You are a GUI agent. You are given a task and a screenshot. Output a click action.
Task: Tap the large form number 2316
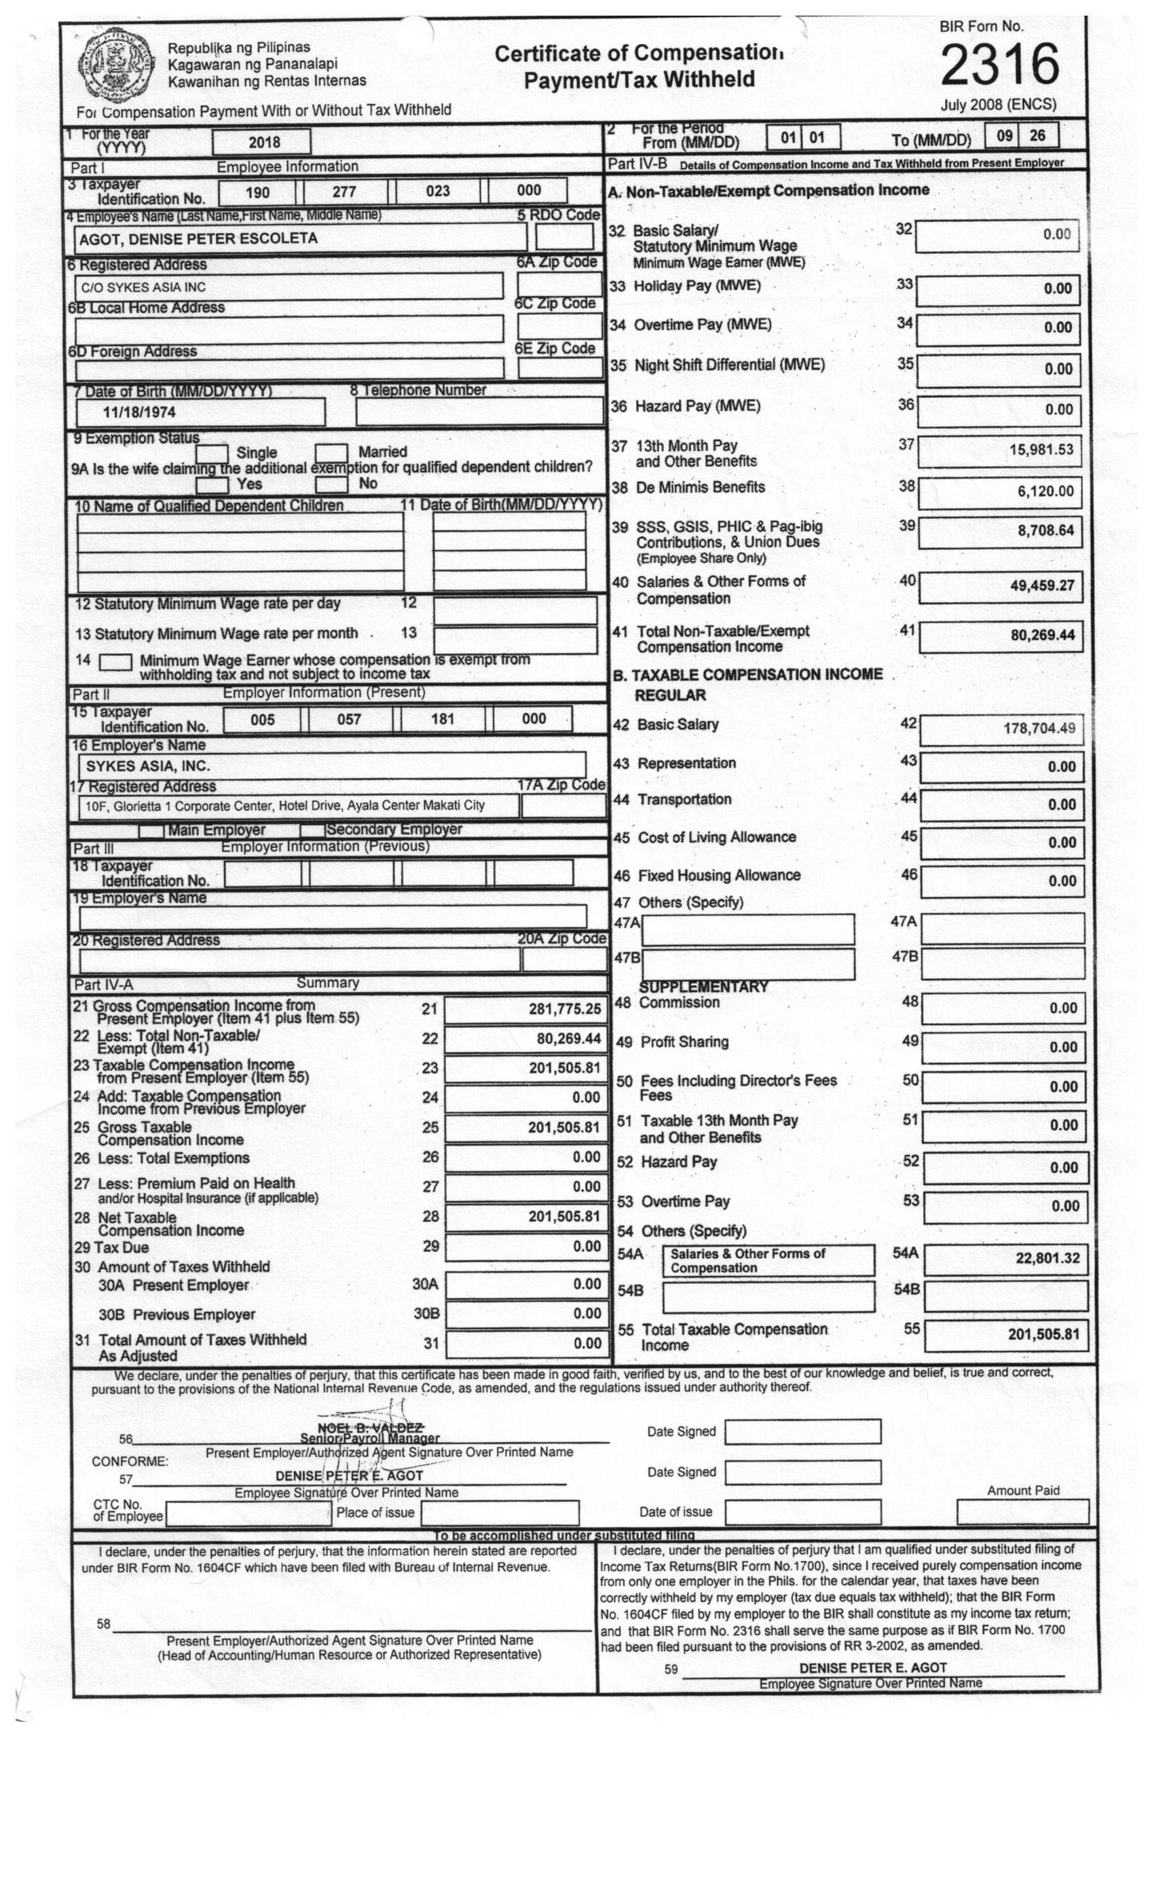pyautogui.click(x=999, y=64)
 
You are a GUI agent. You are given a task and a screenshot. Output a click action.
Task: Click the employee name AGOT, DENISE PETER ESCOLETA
pyautogui.click(x=198, y=238)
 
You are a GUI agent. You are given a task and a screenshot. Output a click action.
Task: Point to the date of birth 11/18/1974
pyautogui.click(x=140, y=412)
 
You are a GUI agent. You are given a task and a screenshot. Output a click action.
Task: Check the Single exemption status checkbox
pyautogui.click(x=211, y=453)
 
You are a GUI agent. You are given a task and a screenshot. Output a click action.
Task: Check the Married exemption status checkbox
pyautogui.click(x=331, y=452)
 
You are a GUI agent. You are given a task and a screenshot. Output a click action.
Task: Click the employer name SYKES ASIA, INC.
pyautogui.click(x=147, y=766)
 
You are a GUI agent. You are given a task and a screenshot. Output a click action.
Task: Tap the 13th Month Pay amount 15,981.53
pyautogui.click(x=1041, y=449)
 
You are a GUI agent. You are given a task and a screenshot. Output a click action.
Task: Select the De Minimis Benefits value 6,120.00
pyautogui.click(x=1045, y=491)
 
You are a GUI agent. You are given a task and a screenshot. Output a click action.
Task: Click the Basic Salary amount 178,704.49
pyautogui.click(x=1039, y=728)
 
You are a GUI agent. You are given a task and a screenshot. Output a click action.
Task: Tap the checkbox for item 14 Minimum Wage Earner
pyautogui.click(x=115, y=662)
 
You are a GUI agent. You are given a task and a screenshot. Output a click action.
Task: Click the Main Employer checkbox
pyautogui.click(x=151, y=831)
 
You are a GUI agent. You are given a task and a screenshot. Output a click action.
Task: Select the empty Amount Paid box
pyautogui.click(x=1022, y=1511)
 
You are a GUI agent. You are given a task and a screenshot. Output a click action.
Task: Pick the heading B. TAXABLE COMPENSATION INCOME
pyautogui.click(x=747, y=674)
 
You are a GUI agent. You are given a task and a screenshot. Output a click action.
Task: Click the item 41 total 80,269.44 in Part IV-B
pyautogui.click(x=1041, y=635)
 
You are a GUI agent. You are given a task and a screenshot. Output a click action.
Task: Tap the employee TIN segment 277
pyautogui.click(x=344, y=191)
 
